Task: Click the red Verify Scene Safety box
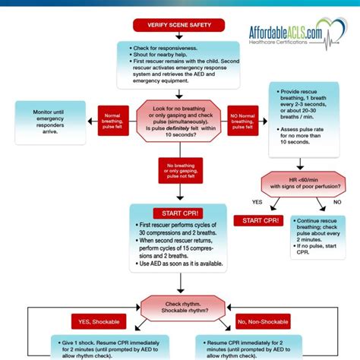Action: coord(180,25)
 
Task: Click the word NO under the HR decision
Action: coord(337,202)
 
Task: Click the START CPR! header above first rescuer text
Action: coord(179,213)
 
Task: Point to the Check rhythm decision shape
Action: coord(179,308)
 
